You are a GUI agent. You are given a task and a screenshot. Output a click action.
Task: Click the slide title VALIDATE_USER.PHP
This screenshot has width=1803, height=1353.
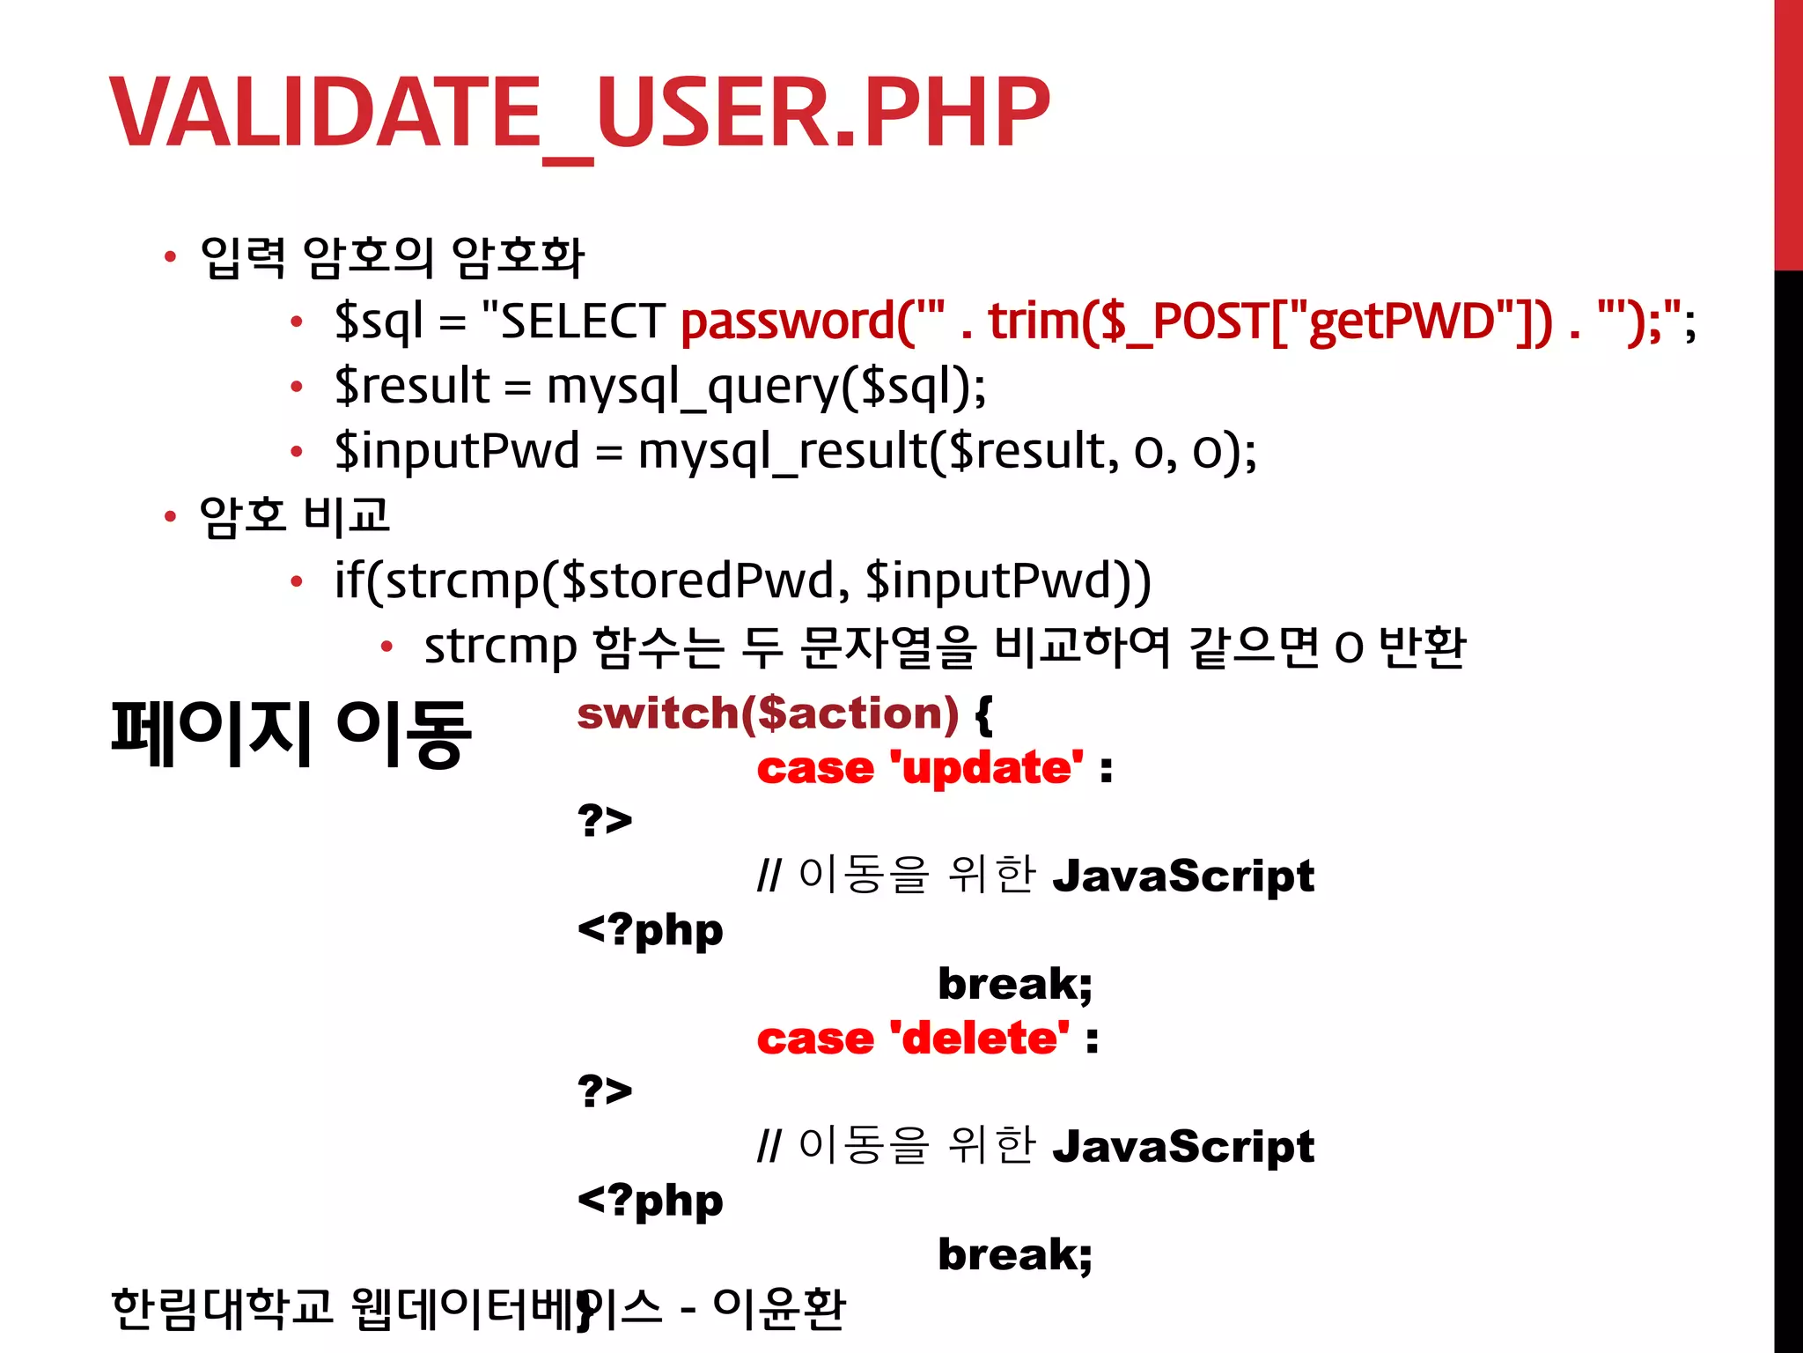tap(579, 113)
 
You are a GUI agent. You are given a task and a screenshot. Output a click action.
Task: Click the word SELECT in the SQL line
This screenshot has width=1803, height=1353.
tap(582, 321)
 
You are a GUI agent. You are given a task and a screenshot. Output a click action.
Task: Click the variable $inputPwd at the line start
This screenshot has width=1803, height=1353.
tap(457, 451)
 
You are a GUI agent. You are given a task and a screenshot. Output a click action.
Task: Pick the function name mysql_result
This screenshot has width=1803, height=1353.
tap(782, 451)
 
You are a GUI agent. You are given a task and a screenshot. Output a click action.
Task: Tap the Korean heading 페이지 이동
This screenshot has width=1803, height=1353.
tap(291, 733)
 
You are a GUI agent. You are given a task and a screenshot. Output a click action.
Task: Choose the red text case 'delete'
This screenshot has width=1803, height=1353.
tap(913, 1039)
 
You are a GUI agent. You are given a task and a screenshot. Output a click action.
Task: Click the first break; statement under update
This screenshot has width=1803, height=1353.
tap(1015, 984)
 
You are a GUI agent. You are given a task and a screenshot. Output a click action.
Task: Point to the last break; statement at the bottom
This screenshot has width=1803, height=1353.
tap(1015, 1254)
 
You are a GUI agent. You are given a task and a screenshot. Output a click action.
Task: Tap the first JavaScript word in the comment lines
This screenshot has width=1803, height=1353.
tap(1183, 876)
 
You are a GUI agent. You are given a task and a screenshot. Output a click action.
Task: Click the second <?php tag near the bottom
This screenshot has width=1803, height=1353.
tap(651, 1201)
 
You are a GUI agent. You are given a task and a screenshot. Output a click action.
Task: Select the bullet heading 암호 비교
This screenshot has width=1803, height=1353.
tap(294, 516)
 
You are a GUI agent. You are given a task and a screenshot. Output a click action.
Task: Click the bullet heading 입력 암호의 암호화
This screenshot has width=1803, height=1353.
tap(392, 257)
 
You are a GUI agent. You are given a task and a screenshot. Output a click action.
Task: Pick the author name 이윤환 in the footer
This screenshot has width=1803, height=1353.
tap(779, 1308)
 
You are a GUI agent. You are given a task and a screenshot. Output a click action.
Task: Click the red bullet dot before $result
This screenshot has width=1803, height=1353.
tap(297, 387)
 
